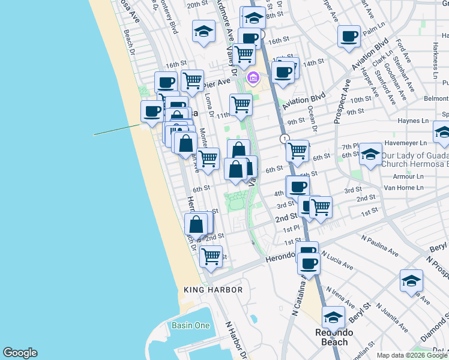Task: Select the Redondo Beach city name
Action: coord(334,337)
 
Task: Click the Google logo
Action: coord(19,353)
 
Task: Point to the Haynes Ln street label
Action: coord(412,121)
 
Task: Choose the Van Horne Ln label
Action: coord(404,188)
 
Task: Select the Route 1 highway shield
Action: coord(283,139)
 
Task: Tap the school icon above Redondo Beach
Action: coord(333,316)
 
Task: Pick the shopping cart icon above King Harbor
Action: coord(211,256)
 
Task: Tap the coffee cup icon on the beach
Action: coord(152,110)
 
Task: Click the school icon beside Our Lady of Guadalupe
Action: coord(371,154)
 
